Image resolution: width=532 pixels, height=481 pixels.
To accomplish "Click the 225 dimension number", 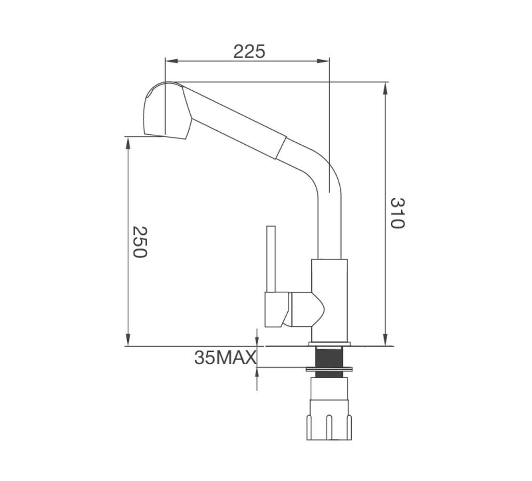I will [x=249, y=52].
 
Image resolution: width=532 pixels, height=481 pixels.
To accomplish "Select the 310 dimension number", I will [x=396, y=213].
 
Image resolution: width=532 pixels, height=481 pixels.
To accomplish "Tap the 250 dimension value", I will [x=140, y=241].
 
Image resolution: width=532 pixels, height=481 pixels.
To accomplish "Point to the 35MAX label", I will [x=225, y=358].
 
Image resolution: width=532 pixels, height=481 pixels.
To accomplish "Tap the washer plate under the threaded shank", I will [x=329, y=369].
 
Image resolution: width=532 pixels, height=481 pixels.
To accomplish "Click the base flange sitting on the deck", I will [x=329, y=343].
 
